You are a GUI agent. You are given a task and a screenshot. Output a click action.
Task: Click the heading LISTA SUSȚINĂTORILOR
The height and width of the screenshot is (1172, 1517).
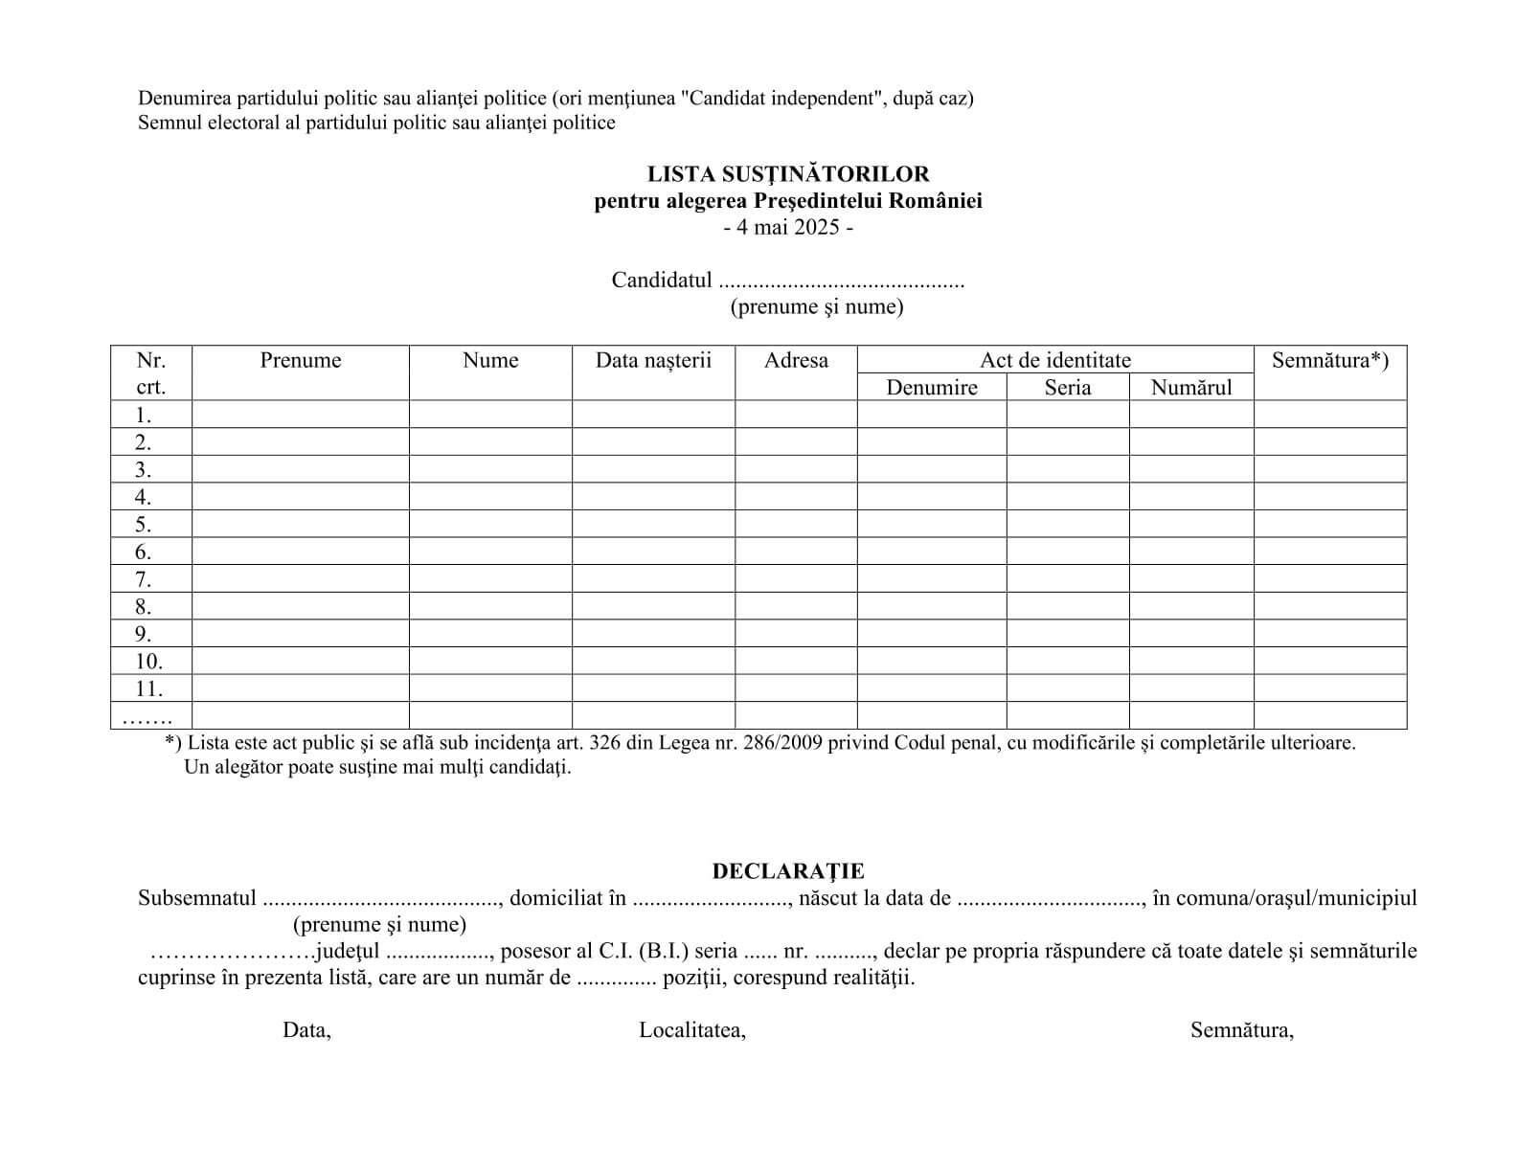[x=787, y=174]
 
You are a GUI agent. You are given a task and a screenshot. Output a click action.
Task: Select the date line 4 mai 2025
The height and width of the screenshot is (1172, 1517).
[x=787, y=228]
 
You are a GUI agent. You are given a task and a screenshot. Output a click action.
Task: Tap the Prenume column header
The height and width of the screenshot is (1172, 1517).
[x=300, y=361]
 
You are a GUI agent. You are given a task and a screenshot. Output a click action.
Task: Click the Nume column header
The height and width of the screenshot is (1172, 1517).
[x=489, y=361]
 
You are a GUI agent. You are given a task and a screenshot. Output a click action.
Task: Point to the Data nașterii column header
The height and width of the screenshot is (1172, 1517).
[x=653, y=361]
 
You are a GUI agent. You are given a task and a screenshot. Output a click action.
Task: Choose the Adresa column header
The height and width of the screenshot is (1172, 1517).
[x=796, y=361]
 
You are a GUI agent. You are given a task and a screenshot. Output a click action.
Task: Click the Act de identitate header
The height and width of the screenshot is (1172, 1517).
[x=1054, y=360]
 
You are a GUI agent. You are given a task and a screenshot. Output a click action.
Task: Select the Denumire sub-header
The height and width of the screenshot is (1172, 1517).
[x=931, y=388]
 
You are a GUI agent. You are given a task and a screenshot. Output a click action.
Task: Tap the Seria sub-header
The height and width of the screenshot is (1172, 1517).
[x=1067, y=388]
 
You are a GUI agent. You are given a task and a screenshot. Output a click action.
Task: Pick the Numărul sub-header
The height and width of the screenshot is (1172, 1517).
[x=1190, y=388]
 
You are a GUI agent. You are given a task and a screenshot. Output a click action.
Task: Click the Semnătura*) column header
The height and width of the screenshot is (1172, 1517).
[x=1329, y=361]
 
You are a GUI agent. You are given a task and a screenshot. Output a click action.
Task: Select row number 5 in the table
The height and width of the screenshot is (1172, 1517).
[x=143, y=525]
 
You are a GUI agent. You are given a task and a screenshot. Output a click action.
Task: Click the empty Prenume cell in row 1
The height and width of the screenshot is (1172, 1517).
[x=300, y=415]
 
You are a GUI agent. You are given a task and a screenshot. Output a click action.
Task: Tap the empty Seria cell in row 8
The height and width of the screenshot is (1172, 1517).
[x=1067, y=607]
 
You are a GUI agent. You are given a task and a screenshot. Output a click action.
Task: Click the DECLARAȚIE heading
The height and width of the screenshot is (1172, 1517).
[x=787, y=871]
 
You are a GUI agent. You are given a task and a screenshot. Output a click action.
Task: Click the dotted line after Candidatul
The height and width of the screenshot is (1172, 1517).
[x=841, y=282]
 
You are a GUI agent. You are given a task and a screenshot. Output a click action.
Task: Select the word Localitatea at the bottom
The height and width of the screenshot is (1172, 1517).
[x=691, y=1030]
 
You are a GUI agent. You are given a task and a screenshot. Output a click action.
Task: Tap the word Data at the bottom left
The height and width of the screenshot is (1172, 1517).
[x=306, y=1030]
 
